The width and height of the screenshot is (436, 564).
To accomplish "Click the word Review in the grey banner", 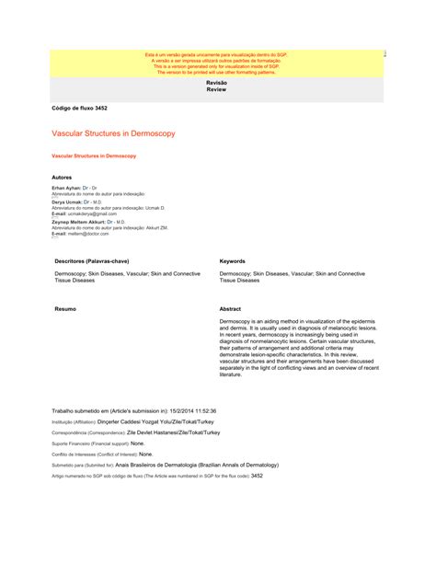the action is pyautogui.click(x=217, y=90).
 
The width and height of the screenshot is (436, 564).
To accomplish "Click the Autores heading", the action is pyautogui.click(x=63, y=176).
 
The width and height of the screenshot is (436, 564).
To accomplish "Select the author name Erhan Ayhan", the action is pyautogui.click(x=65, y=187).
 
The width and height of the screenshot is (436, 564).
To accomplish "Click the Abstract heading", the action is pyautogui.click(x=231, y=308).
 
